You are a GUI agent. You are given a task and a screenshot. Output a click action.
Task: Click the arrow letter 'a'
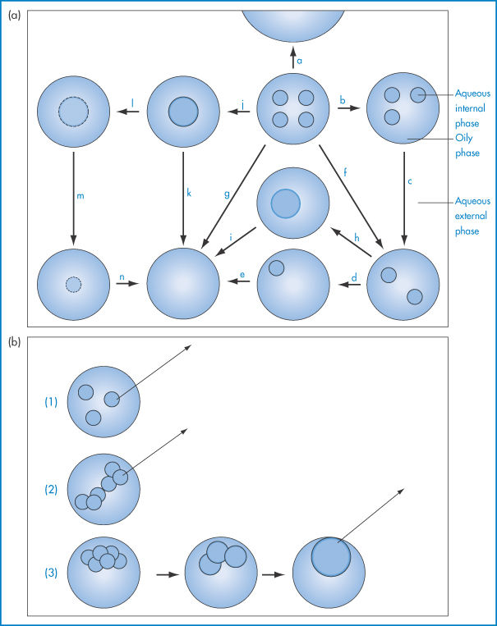300,61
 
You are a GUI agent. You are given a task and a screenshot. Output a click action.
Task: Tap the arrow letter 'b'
342,99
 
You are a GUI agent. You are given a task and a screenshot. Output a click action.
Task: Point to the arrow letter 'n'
122,277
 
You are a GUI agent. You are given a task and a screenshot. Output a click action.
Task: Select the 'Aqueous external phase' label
472,216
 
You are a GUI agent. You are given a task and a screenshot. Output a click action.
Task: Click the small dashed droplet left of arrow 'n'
73,285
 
